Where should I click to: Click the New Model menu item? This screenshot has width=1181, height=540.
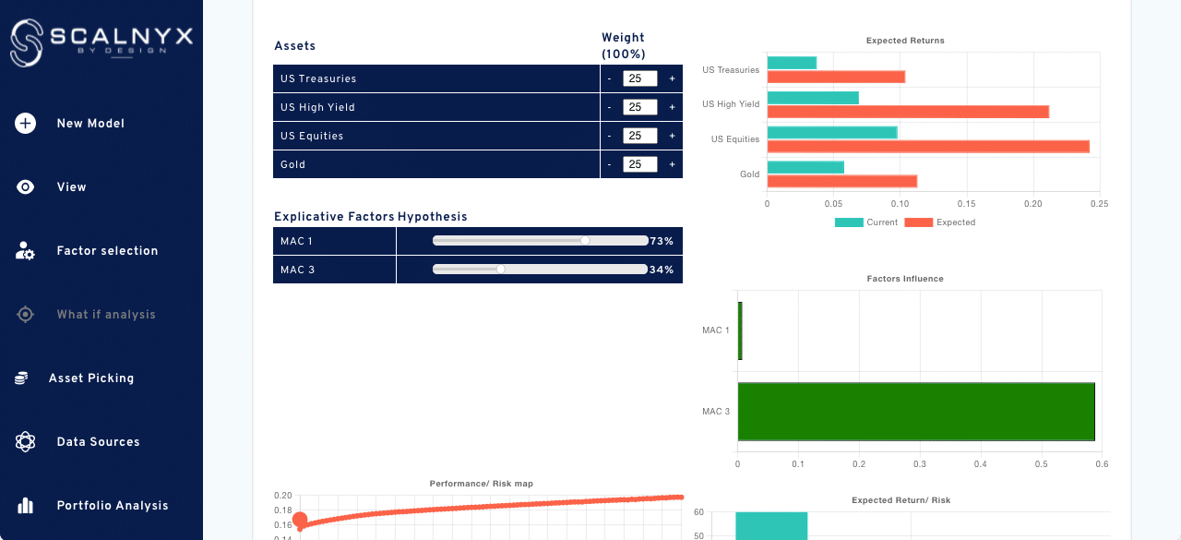click(x=89, y=124)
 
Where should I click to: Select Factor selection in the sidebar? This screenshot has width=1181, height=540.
click(x=107, y=251)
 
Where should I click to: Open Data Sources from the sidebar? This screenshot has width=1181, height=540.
click(x=98, y=442)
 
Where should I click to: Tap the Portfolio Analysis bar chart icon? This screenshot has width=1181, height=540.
click(x=25, y=506)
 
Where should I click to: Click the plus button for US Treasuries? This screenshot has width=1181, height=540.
click(x=672, y=79)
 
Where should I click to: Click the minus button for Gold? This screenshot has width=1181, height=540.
click(x=609, y=165)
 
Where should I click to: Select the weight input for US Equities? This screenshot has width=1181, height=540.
click(x=639, y=136)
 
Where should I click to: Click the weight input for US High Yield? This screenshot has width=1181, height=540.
click(x=639, y=107)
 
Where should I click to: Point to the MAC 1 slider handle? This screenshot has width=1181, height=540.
click(x=585, y=241)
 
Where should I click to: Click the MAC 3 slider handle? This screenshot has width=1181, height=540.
click(x=500, y=270)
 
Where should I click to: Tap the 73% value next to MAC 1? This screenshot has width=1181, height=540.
click(x=662, y=241)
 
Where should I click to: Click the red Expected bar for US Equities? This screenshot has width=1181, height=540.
click(x=927, y=146)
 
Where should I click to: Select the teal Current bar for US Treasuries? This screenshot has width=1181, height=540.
click(x=792, y=63)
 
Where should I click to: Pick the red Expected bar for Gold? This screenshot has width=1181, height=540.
click(x=841, y=181)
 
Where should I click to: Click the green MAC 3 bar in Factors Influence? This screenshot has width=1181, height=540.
click(x=915, y=411)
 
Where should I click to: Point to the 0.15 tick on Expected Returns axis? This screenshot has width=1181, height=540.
click(x=966, y=203)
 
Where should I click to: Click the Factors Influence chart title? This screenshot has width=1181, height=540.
click(x=904, y=279)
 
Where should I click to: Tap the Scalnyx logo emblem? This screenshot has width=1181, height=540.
click(x=27, y=42)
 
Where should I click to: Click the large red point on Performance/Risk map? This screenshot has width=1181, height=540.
click(x=299, y=521)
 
